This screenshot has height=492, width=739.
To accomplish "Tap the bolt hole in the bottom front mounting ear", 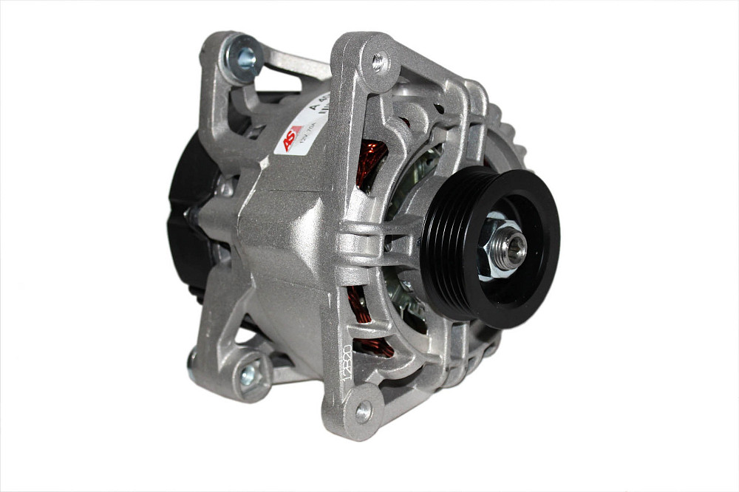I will coord(364,412).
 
